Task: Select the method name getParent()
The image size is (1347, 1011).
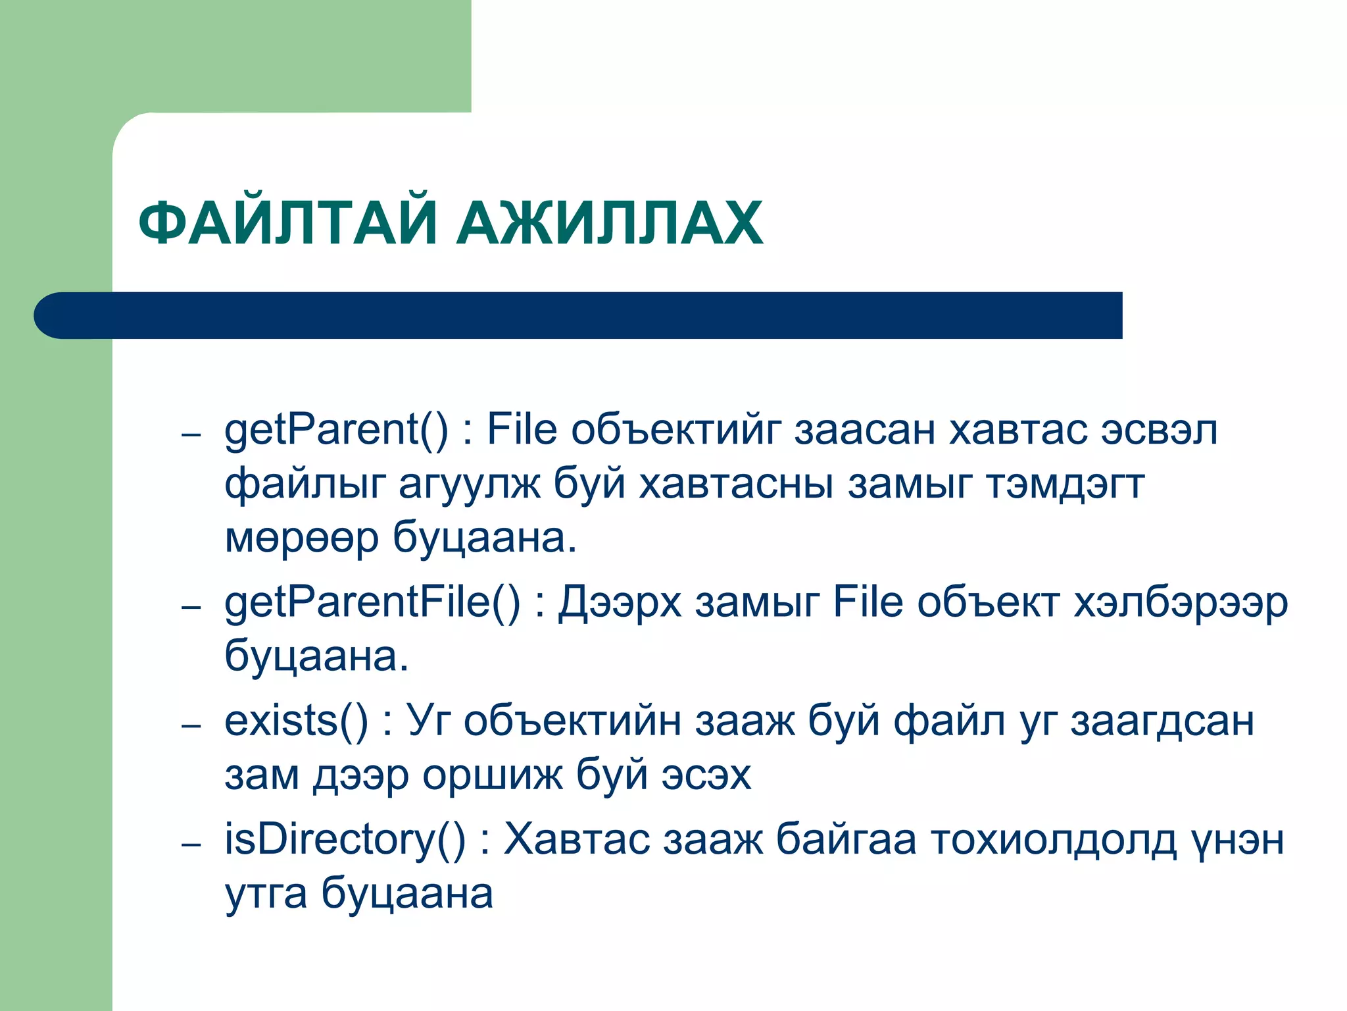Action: tap(336, 431)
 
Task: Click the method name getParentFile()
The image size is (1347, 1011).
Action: tap(372, 604)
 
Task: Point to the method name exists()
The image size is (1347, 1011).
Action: tap(296, 721)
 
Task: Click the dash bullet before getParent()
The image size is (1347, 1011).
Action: tap(191, 435)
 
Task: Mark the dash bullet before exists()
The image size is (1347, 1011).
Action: tap(191, 725)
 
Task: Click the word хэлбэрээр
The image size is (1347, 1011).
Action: tap(1181, 604)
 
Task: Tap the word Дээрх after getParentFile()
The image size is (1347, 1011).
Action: tap(620, 604)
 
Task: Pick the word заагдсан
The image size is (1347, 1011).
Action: tap(1162, 721)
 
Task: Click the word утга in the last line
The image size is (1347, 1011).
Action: tap(266, 895)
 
